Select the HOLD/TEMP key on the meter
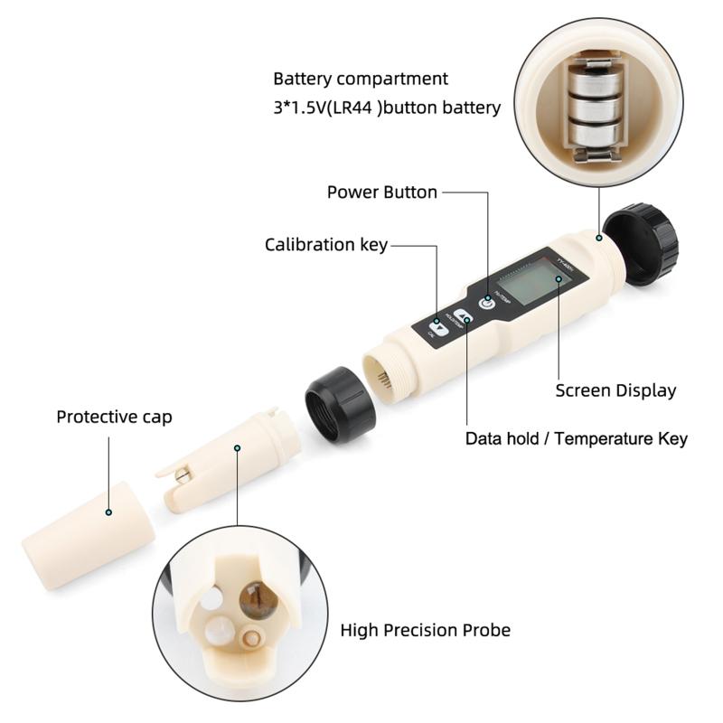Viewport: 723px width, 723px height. (x=465, y=319)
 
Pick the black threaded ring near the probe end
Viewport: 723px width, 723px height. (x=341, y=404)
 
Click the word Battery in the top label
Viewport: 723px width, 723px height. (x=304, y=80)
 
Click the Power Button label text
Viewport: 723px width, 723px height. (x=381, y=192)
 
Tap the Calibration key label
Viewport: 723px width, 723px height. (x=325, y=245)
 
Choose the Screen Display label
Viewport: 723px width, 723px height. (x=615, y=391)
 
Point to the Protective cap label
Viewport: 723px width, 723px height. (x=114, y=418)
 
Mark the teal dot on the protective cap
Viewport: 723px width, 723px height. (x=108, y=512)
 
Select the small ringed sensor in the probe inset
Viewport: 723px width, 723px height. (x=250, y=638)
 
